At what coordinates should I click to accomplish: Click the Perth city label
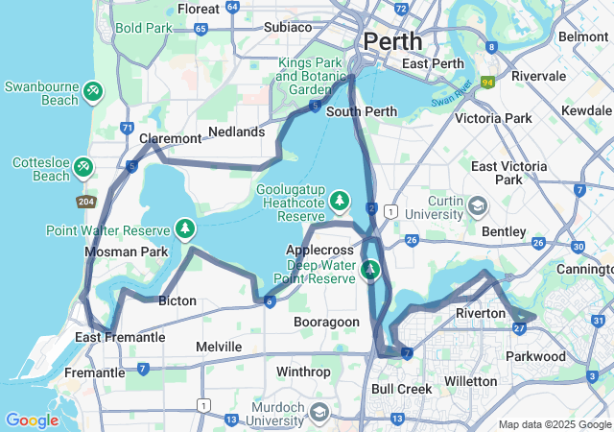[x=391, y=42]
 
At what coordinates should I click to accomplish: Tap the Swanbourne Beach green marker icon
[x=92, y=91]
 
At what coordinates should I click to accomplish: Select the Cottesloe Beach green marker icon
[x=83, y=169]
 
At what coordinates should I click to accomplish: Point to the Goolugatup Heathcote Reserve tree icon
[x=338, y=201]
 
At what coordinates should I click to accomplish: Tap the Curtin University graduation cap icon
[x=477, y=206]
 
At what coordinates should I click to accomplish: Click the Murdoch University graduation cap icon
[x=319, y=412]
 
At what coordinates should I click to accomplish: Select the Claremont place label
[x=170, y=139]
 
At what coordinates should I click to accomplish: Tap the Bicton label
[x=177, y=301]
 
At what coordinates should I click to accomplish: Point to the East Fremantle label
[x=120, y=337]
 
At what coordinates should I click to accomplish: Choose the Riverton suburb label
[x=480, y=314]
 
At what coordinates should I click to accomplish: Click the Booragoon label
[x=326, y=322]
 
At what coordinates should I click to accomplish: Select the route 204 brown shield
[x=86, y=202]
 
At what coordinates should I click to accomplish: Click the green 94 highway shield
[x=488, y=83]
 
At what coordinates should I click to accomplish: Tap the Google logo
[x=32, y=420]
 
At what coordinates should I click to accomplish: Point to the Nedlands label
[x=236, y=132]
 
